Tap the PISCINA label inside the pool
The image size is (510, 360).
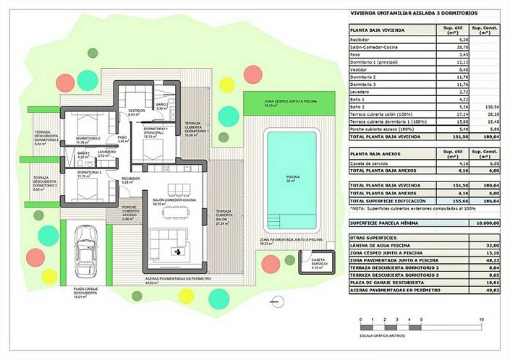point(292,176)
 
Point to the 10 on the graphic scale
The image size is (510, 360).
point(481,320)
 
